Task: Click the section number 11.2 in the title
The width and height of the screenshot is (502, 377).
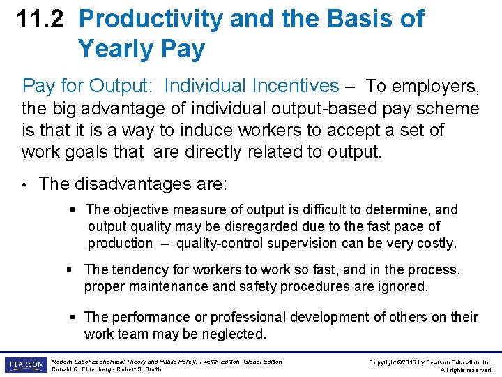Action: pyautogui.click(x=41, y=19)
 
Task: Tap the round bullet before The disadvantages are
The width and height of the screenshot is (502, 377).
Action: pyautogui.click(x=26, y=184)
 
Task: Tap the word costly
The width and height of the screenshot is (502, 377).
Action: pyautogui.click(x=435, y=243)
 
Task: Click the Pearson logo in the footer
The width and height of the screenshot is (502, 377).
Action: pyautogui.click(x=25, y=364)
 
